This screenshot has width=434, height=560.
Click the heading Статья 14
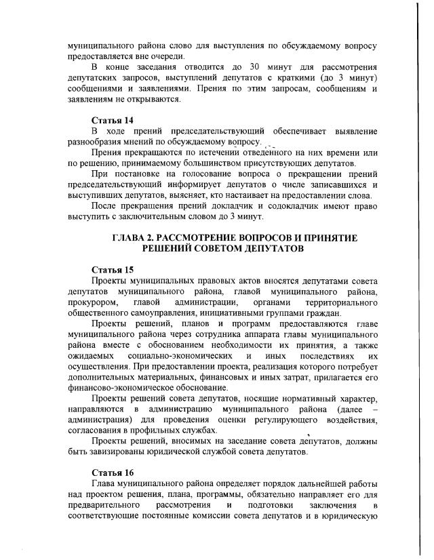coord(113,120)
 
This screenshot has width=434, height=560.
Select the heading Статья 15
coord(113,270)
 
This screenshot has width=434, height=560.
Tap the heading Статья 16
coord(113,472)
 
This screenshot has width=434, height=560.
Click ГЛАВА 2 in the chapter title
coord(134,238)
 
